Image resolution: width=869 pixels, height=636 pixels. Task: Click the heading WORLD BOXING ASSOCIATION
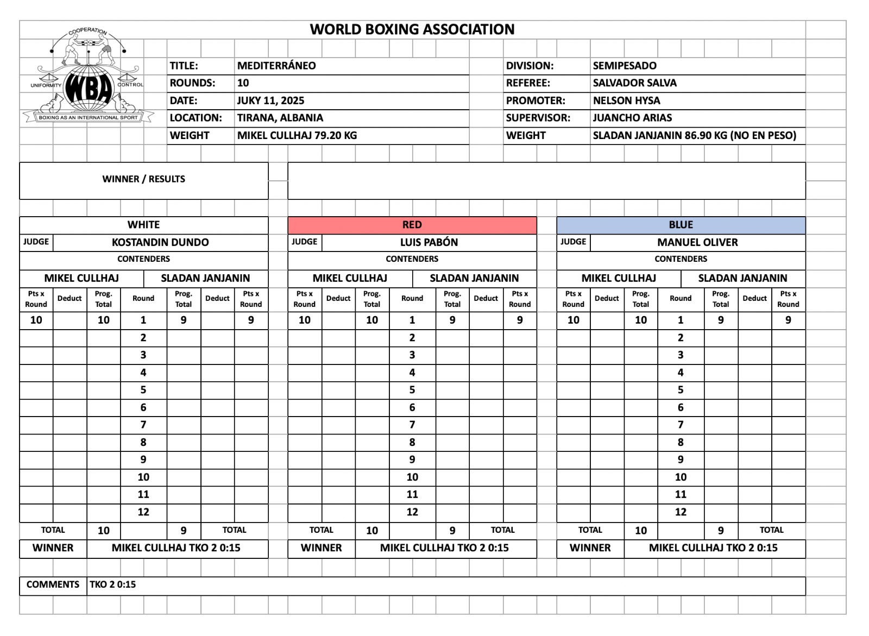pyautogui.click(x=412, y=29)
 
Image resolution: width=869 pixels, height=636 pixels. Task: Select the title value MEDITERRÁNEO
pyautogui.click(x=276, y=66)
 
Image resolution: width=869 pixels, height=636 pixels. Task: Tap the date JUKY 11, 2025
pyautogui.click(x=270, y=100)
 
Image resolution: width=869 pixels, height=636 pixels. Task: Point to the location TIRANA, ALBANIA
pyautogui.click(x=280, y=118)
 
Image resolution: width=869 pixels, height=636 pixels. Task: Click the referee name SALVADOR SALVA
pyautogui.click(x=634, y=83)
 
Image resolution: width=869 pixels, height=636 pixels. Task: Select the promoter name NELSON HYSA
pyautogui.click(x=626, y=100)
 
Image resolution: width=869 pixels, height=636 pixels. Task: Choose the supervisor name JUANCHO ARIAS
pyautogui.click(x=632, y=118)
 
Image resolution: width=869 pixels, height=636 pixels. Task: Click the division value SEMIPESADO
pyautogui.click(x=625, y=66)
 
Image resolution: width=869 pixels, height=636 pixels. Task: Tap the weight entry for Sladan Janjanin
pyautogui.click(x=694, y=135)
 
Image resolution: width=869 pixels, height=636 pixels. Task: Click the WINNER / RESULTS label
pyautogui.click(x=143, y=179)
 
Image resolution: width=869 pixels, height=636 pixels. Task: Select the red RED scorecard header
pyautogui.click(x=412, y=225)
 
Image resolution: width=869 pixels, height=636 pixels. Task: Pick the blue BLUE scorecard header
pyautogui.click(x=681, y=225)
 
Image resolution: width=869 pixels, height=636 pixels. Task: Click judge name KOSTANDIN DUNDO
pyautogui.click(x=160, y=242)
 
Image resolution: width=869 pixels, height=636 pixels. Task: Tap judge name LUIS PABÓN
pyautogui.click(x=429, y=242)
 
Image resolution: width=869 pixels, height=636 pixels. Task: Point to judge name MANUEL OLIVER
pyautogui.click(x=697, y=242)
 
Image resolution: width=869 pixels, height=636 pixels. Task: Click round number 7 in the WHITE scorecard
pyautogui.click(x=143, y=425)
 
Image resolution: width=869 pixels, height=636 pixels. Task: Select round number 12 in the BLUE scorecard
pyautogui.click(x=681, y=512)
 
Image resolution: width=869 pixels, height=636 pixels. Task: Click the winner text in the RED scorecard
pyautogui.click(x=444, y=548)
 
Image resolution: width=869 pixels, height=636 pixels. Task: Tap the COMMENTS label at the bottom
pyautogui.click(x=53, y=584)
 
